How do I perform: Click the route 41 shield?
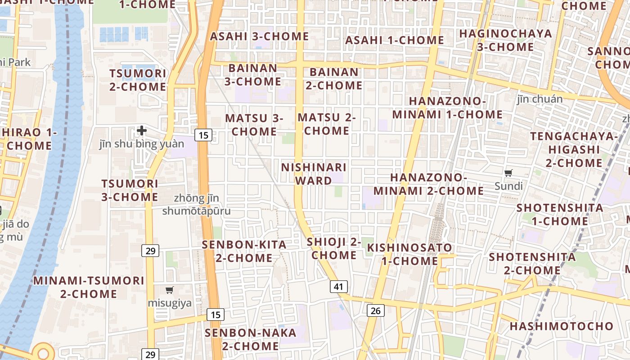click(338, 287)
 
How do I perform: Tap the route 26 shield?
click(376, 310)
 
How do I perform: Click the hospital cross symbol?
click(142, 131)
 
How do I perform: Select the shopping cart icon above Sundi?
click(508, 173)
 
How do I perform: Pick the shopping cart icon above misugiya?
click(170, 290)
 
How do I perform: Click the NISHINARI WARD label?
click(314, 174)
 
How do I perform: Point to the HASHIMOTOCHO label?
click(562, 326)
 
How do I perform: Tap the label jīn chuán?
click(540, 99)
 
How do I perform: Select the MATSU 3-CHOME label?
click(254, 125)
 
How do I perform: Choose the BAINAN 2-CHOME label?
click(334, 78)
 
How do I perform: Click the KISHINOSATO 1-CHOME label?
click(409, 254)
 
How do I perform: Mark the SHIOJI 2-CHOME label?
click(334, 248)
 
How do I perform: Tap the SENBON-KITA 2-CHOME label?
click(244, 251)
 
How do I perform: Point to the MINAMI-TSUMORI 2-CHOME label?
click(89, 287)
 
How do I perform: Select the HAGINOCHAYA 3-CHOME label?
click(505, 40)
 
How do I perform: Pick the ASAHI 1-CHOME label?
click(395, 40)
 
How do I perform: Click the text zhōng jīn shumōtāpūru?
click(196, 204)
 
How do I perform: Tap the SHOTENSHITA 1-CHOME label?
click(560, 214)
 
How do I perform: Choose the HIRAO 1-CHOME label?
click(29, 139)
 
